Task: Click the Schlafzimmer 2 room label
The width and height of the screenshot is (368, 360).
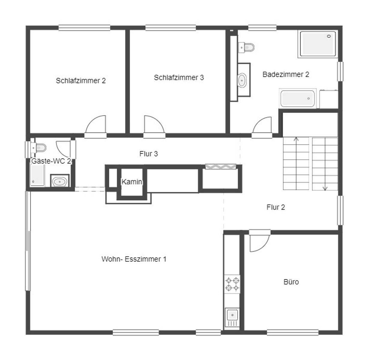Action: [x=80, y=81]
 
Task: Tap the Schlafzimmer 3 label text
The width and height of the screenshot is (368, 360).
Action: [x=179, y=77]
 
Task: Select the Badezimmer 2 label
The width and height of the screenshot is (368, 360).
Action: [x=286, y=74]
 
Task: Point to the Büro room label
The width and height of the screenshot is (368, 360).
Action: [x=291, y=282]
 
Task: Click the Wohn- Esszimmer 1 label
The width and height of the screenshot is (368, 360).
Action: [x=134, y=259]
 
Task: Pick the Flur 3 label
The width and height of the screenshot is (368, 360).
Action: [x=149, y=154]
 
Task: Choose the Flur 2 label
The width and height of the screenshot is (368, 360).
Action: [x=276, y=207]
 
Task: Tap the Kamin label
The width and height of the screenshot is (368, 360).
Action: [x=132, y=182]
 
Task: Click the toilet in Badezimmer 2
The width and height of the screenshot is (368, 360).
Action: [x=246, y=47]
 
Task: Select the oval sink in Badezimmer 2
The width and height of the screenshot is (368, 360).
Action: [x=242, y=80]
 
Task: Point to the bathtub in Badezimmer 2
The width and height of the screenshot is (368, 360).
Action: [x=297, y=98]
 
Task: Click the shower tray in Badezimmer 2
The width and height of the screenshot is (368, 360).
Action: [x=318, y=44]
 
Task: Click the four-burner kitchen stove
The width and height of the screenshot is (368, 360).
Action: [x=232, y=284]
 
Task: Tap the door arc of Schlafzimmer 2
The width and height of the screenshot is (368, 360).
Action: [x=95, y=124]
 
